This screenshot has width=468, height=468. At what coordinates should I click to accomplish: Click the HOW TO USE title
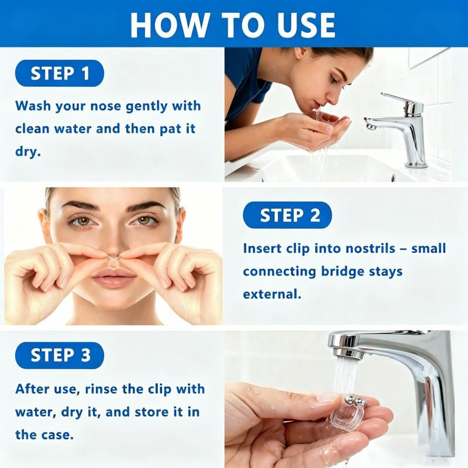pos(233,24)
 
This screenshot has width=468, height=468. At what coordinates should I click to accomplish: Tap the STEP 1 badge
pos(60,74)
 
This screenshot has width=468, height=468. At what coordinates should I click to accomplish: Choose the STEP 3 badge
pos(60,355)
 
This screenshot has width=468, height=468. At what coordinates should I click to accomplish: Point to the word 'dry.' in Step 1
pos(28,152)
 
